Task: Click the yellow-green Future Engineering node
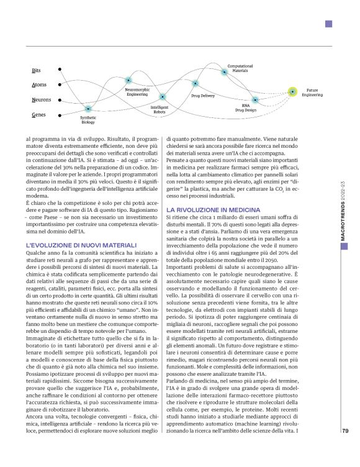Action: pyautogui.click(x=293, y=93)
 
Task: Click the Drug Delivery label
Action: pyautogui.click(x=202, y=97)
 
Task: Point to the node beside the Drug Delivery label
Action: pyautogui.click(x=196, y=83)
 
